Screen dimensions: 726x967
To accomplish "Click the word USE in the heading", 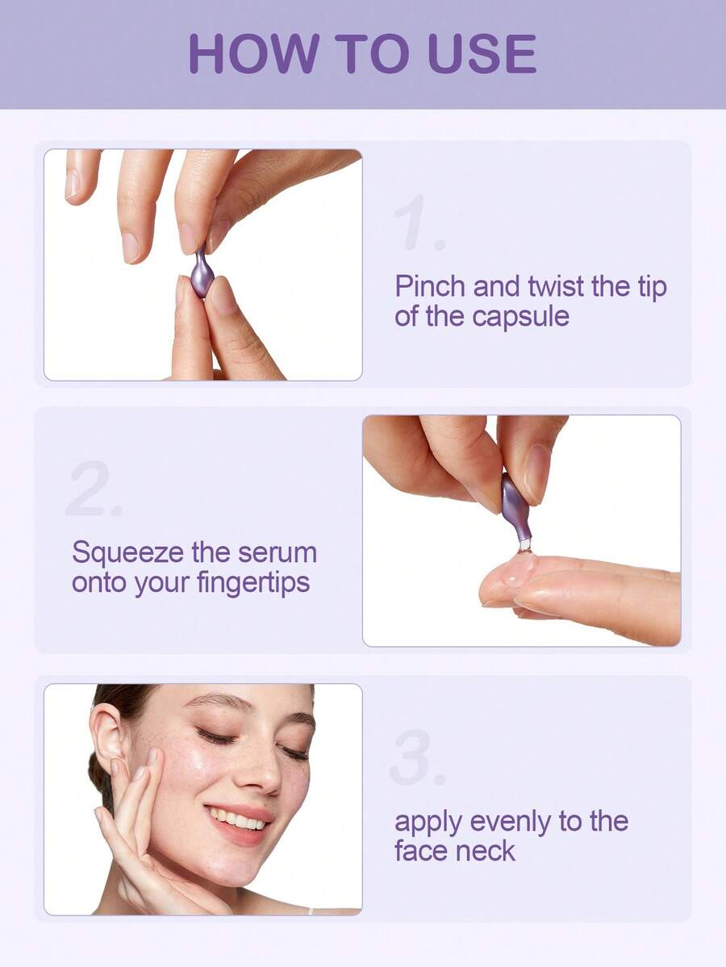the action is pos(482,54).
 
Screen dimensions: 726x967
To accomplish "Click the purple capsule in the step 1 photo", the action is pos(202,271).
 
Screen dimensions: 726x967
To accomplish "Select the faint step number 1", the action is pos(418,223).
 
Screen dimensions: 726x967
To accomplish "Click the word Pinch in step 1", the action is pos(430,287).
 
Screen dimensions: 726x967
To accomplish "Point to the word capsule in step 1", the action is pos(520,318).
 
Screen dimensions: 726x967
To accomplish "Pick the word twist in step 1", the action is pos(557,287).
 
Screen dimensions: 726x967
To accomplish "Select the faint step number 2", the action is pos(94,488).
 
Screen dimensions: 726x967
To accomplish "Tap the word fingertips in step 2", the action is pos(253,583).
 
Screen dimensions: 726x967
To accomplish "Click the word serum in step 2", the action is pos(277,553).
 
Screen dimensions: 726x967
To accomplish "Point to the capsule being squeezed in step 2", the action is pos(515,508).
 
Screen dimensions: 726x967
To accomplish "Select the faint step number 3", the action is pos(417,757).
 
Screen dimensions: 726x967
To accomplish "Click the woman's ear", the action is pos(106,736).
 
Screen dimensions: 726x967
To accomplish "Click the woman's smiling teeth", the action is pos(237,819).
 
